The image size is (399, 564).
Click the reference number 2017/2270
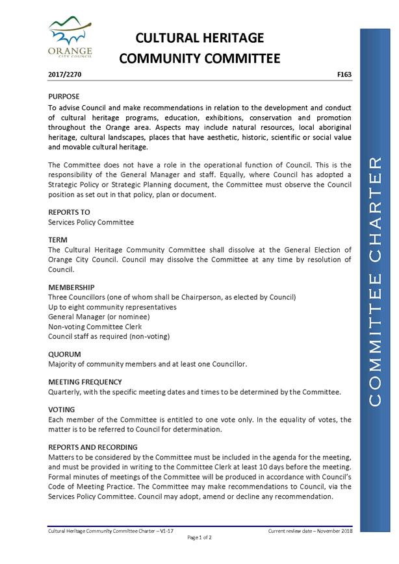click(x=65, y=75)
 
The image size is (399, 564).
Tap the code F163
click(x=344, y=75)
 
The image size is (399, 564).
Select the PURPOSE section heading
click(x=64, y=97)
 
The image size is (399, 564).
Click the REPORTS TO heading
click(x=70, y=212)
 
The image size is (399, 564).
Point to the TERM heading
click(x=58, y=239)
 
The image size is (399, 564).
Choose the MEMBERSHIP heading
click(x=71, y=287)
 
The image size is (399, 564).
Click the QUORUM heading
click(x=65, y=354)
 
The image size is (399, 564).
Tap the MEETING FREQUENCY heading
click(x=85, y=382)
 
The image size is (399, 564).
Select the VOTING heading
click(x=62, y=410)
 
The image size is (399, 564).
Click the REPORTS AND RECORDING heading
click(x=93, y=447)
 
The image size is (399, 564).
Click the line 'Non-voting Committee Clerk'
click(x=95, y=326)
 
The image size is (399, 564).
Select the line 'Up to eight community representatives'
click(x=112, y=307)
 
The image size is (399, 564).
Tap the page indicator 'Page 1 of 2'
click(x=199, y=537)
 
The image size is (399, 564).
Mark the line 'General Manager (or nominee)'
click(x=99, y=317)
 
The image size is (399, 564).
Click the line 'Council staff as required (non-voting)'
click(x=109, y=336)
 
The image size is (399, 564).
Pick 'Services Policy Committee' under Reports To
click(x=91, y=222)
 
